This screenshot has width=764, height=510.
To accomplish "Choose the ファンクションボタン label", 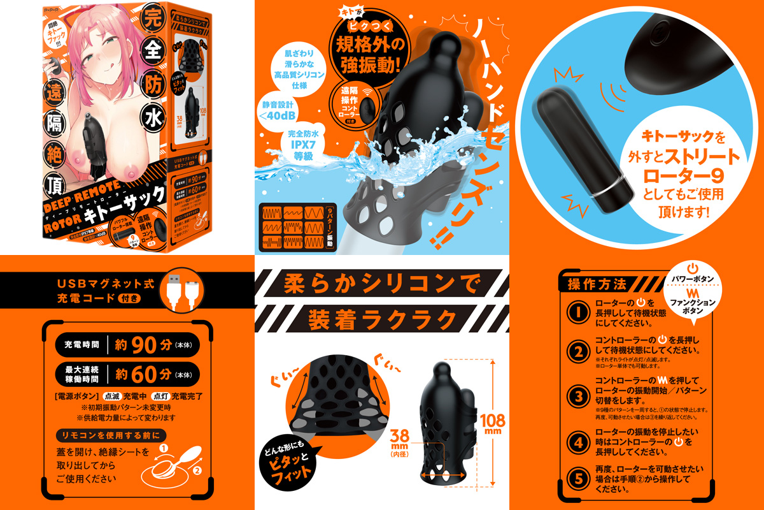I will point(693,305).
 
